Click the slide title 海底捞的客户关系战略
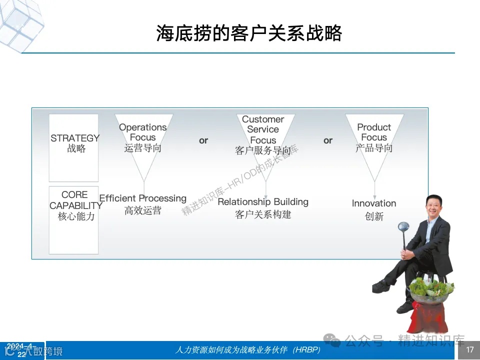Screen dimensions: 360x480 [x=248, y=34]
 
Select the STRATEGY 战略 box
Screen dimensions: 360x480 [x=74, y=147]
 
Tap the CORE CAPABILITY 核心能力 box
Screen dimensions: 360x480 [x=74, y=220]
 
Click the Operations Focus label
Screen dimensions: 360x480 [x=143, y=132]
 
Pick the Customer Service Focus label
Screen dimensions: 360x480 [x=263, y=129]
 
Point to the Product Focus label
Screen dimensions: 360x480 [x=374, y=132]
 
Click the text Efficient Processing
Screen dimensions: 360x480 [x=143, y=198]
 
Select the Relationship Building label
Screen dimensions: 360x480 [x=263, y=202]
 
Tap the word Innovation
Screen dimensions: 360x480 [x=374, y=203]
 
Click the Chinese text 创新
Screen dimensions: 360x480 [x=374, y=216]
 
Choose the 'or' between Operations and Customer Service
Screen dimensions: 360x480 [x=203, y=140]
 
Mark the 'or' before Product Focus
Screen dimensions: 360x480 [x=328, y=140]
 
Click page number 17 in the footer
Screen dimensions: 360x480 [x=469, y=350]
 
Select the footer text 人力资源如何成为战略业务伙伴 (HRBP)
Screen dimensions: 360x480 [x=248, y=350]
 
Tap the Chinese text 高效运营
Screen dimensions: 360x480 [x=143, y=211]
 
